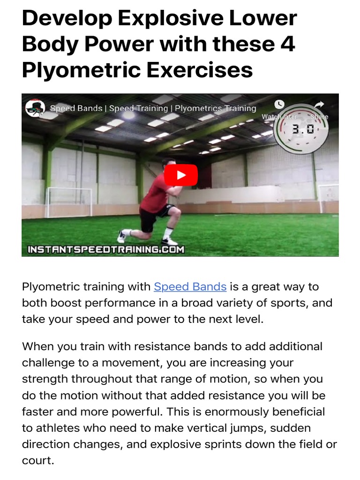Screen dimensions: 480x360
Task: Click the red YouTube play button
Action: (x=180, y=175)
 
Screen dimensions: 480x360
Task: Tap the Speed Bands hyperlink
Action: (x=190, y=286)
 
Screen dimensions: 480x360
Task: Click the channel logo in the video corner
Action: (x=35, y=108)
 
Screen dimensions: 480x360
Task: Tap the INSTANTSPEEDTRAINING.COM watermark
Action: (x=105, y=249)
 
